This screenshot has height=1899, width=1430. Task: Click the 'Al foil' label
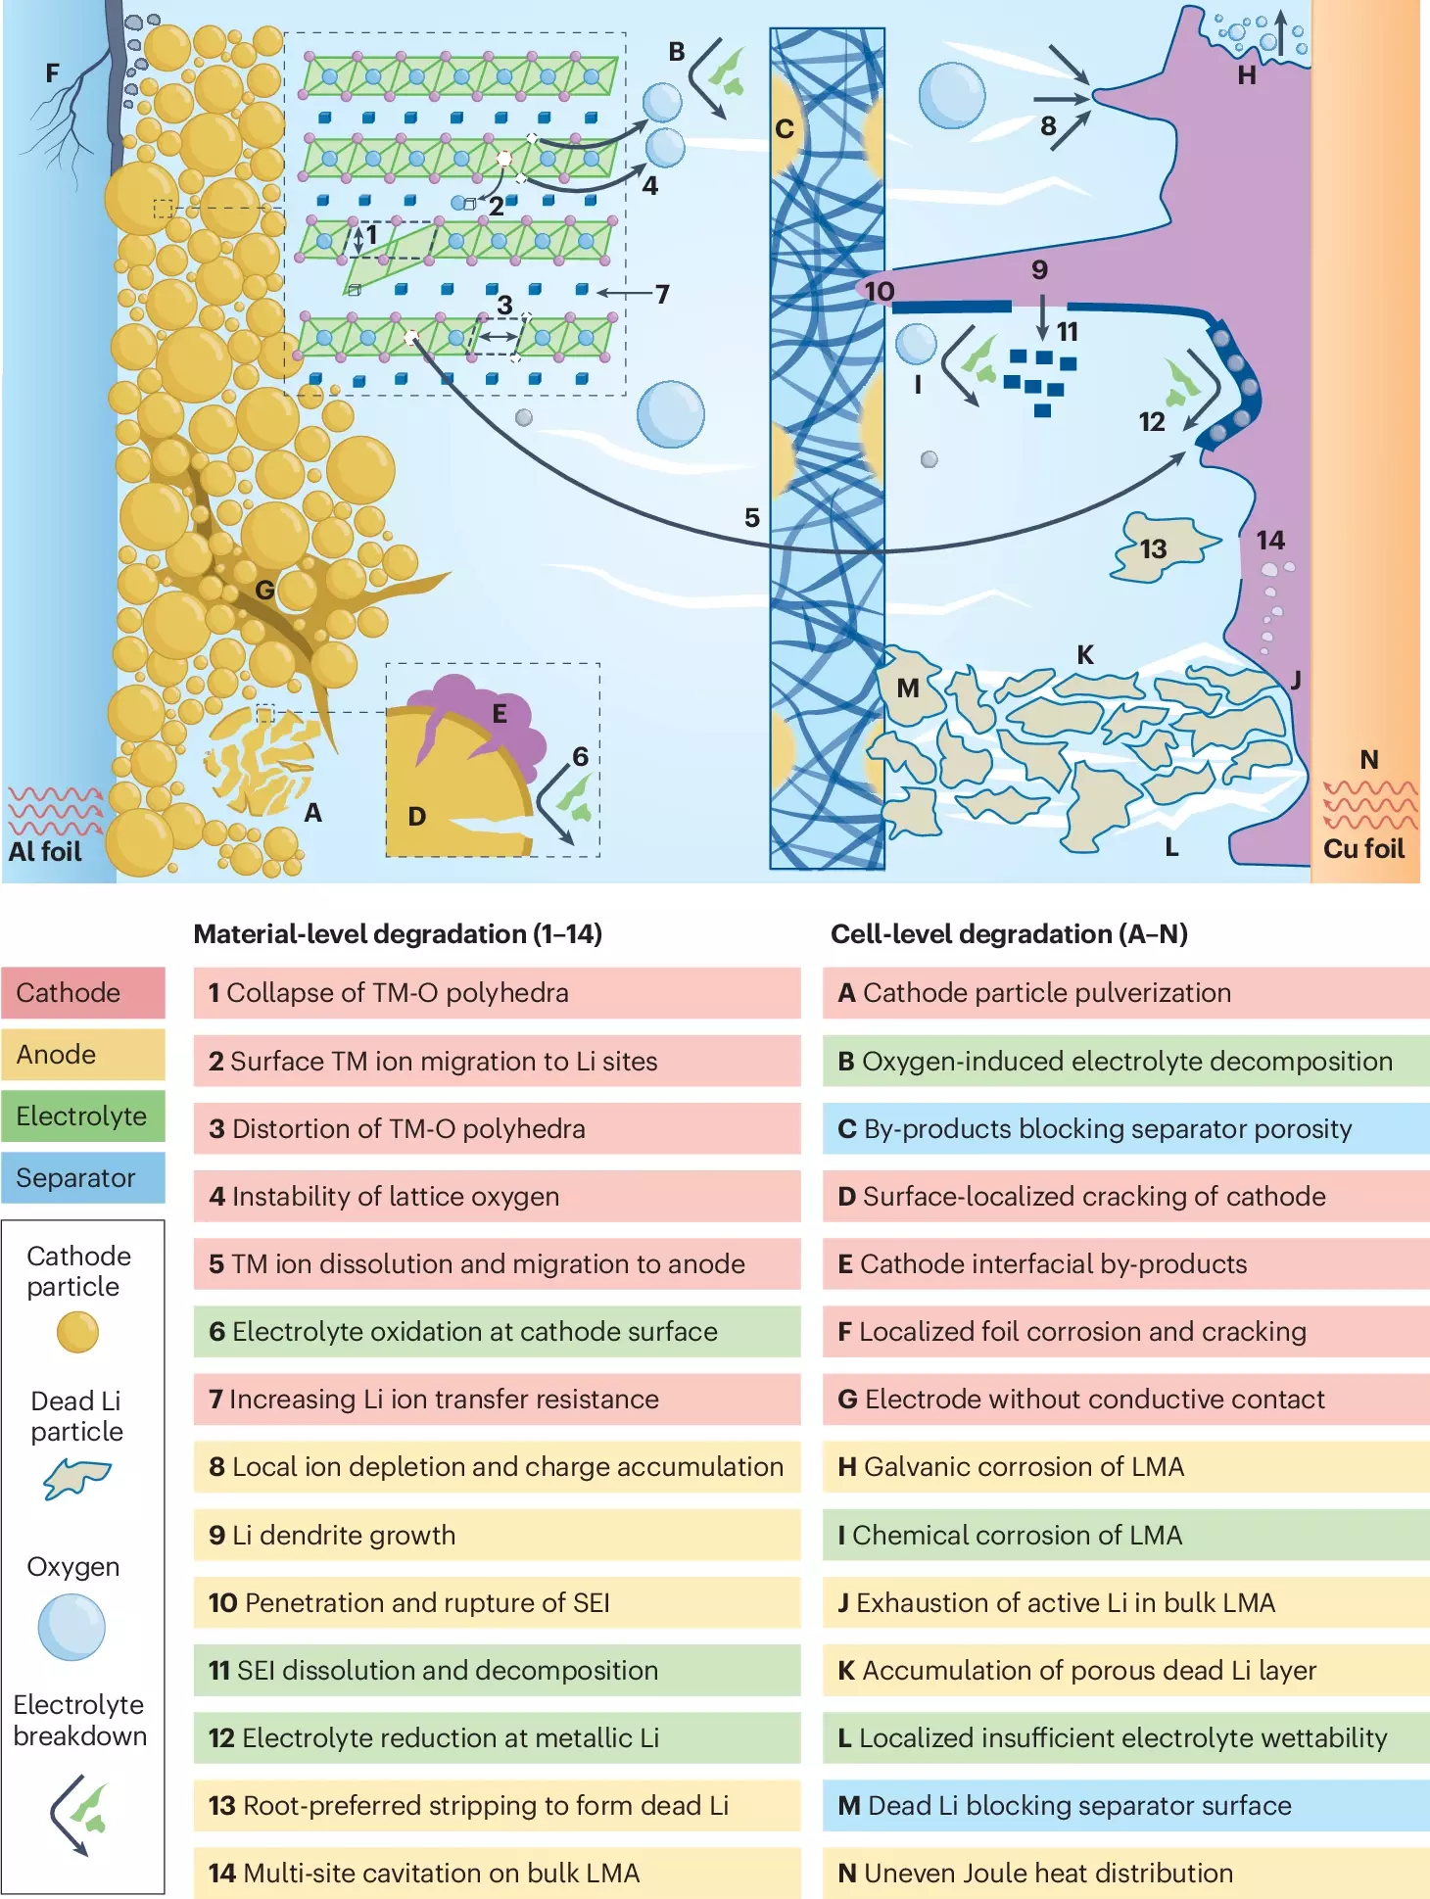click(45, 851)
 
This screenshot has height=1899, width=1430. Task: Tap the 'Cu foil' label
click(1363, 848)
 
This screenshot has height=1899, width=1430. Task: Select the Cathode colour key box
click(83, 993)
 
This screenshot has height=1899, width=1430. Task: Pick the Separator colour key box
click(83, 1177)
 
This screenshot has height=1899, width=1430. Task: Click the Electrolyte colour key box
click(83, 1116)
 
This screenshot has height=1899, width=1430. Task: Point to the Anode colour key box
click(83, 1055)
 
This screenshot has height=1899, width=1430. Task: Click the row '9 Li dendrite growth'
click(497, 1535)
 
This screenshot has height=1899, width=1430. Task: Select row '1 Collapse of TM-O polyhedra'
click(497, 993)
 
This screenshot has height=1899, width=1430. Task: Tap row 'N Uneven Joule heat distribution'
click(1125, 1873)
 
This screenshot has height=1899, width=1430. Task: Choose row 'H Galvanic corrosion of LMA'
click(1125, 1466)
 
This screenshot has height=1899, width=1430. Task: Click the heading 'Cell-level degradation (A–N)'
click(1009, 934)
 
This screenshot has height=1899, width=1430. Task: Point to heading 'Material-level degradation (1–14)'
click(398, 934)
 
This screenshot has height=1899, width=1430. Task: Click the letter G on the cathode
click(264, 590)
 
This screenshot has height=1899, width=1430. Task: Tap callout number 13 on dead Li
click(1153, 549)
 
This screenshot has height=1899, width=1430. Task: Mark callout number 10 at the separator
click(879, 292)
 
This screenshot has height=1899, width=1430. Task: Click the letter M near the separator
click(908, 688)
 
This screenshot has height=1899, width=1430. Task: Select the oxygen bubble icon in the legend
click(71, 1627)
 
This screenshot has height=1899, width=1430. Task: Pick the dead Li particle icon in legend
click(76, 1478)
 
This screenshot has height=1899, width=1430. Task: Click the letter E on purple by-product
click(500, 714)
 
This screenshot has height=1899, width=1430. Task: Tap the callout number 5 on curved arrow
click(752, 518)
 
